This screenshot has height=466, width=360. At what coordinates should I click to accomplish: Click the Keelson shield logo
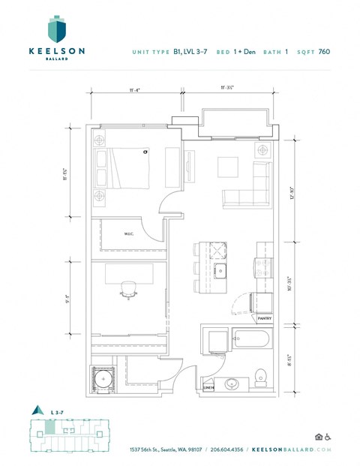coord(57,29)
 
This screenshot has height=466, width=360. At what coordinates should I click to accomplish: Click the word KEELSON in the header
coord(56,51)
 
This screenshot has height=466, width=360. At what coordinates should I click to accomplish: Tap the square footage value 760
coord(324,52)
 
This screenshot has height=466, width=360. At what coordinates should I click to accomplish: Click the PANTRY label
coord(264,318)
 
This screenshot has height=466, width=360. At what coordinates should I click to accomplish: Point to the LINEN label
coord(208,388)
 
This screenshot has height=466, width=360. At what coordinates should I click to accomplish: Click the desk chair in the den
coord(127,290)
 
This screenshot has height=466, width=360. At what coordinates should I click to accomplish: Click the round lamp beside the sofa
coord(262,150)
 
